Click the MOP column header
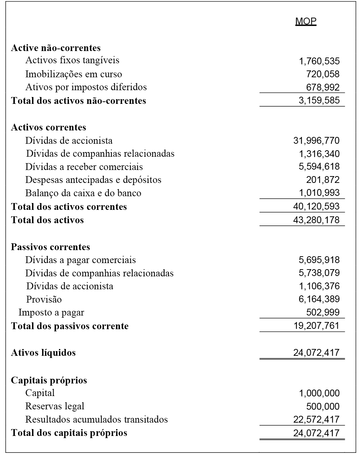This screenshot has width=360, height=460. point(306,21)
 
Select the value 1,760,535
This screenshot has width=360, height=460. point(319,61)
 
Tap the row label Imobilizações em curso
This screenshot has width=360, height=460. point(74,74)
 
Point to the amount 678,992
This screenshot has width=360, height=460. point(323,87)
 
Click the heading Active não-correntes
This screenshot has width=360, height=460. point(56,48)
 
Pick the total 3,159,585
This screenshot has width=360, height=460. point(319,100)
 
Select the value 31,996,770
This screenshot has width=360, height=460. point(316,141)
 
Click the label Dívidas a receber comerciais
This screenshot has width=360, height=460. point(84,167)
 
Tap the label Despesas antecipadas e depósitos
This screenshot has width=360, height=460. point(93,180)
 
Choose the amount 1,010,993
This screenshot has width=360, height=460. point(319,193)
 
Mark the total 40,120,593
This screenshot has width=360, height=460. point(316,207)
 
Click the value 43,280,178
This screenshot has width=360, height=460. point(316,220)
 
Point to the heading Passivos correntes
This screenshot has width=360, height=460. point(50,247)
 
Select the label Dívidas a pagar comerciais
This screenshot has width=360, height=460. point(80,260)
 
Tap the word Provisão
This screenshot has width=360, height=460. point(44,299)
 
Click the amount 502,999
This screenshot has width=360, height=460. point(323,312)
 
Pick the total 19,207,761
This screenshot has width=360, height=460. point(316,326)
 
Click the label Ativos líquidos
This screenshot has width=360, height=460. point(43,353)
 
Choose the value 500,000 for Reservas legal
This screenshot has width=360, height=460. point(323,406)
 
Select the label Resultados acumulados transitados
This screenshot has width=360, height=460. point(96,419)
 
